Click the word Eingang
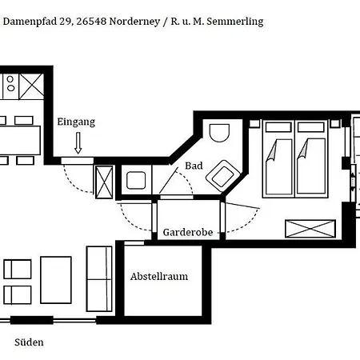[76, 122]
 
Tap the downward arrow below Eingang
[78, 144]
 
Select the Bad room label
[194, 166]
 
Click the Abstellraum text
[159, 277]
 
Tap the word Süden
[29, 342]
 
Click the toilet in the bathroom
[218, 136]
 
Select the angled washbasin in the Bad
[223, 174]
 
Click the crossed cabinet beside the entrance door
[105, 180]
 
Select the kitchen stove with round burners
[10, 84]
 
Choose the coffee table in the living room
[56, 279]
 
